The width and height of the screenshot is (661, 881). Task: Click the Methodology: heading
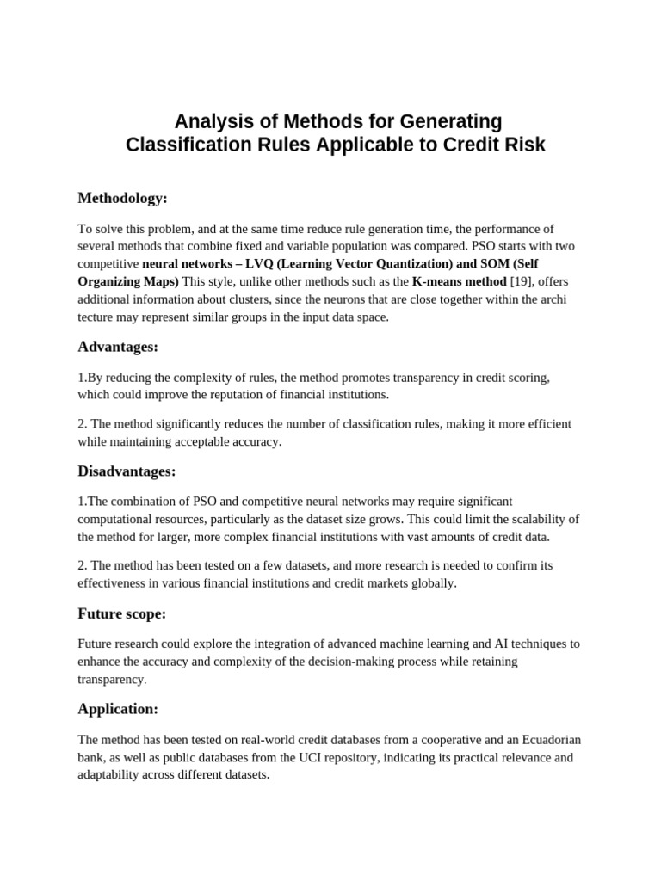click(122, 199)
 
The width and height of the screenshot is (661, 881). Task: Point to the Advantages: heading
click(119, 348)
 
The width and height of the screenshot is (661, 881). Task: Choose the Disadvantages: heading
click(127, 471)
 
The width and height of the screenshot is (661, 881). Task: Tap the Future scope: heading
click(121, 614)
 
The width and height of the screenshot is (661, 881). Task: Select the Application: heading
click(118, 709)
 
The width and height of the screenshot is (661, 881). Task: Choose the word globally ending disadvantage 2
click(431, 583)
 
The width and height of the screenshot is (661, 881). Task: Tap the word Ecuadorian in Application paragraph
click(537, 740)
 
